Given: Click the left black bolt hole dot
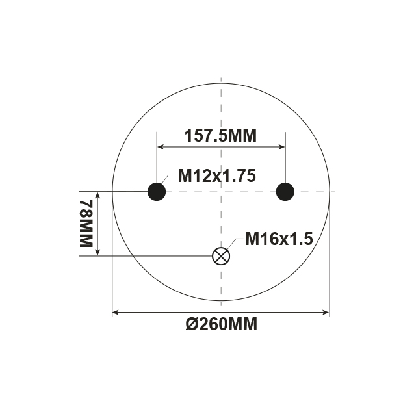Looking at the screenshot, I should point(157,192).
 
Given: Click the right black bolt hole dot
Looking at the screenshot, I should point(285,192).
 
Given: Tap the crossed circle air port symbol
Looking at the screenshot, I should point(222,255).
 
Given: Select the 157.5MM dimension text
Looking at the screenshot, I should point(221,135).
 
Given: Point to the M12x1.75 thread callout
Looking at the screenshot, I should point(217,175).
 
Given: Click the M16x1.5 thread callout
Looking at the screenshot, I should point(279,239).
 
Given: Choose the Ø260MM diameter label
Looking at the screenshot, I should point(221,324).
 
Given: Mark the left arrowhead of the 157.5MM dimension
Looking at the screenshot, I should point(160,146).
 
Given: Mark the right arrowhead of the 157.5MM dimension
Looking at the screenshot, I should point(282,146).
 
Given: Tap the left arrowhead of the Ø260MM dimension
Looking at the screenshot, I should point(116,313).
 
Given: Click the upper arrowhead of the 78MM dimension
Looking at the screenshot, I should point(98,195).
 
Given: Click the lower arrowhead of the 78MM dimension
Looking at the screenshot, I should point(98,252).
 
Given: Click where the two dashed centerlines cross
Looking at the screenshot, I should point(222,192).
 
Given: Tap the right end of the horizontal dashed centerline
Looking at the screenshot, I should point(334,192).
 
